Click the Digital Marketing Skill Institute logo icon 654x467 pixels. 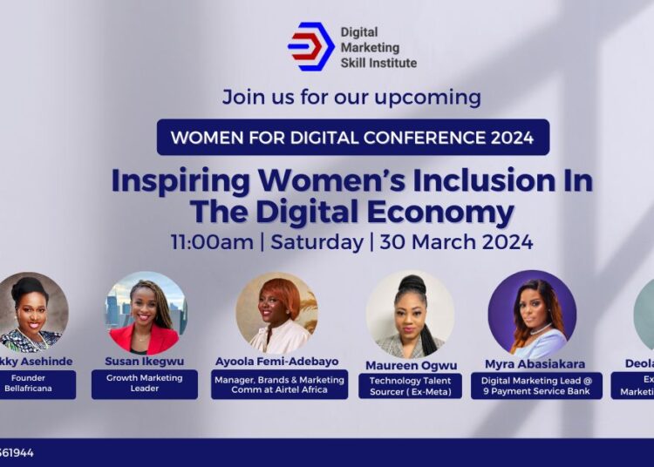[x=311, y=46]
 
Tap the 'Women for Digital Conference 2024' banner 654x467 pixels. [x=353, y=137]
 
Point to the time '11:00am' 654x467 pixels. [x=212, y=241]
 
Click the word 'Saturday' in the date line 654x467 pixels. [x=317, y=241]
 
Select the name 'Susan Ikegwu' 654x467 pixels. [x=145, y=361]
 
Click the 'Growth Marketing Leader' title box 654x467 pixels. [x=145, y=384]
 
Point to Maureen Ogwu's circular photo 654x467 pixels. [x=410, y=315]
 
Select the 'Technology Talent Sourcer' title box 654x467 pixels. [x=410, y=385]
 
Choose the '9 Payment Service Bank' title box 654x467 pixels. [x=536, y=385]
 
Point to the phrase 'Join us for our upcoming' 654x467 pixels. [x=351, y=96]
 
